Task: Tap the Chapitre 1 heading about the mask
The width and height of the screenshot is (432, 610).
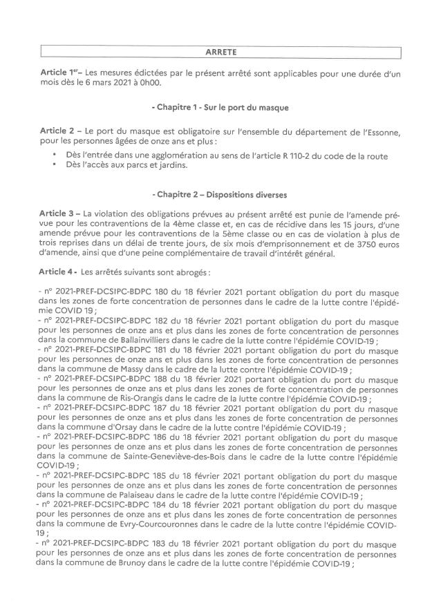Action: click(x=219, y=109)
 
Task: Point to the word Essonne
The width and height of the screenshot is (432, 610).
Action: click(x=375, y=131)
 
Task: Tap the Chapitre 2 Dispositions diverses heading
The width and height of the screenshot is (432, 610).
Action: click(x=219, y=196)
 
